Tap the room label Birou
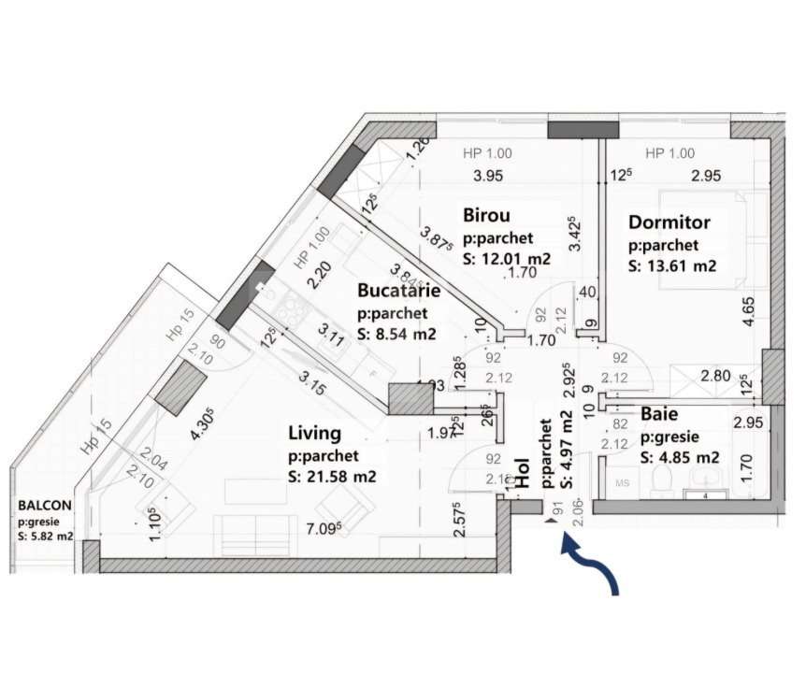coord(487,217)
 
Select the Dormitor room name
coord(669,223)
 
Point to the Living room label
coord(314,434)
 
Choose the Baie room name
coord(659,412)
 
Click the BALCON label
coord(44,506)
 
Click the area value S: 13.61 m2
coord(672,266)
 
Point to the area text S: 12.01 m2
coord(506,259)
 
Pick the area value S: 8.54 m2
coord(398,333)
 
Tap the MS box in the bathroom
coord(621,484)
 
